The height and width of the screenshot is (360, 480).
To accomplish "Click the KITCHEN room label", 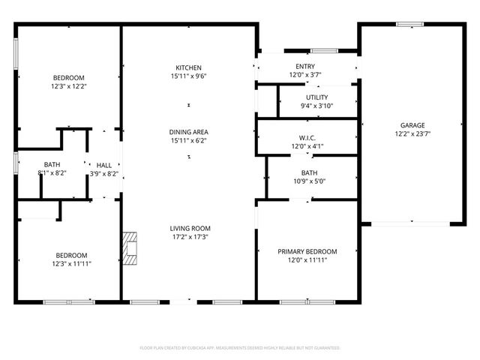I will point(188,67).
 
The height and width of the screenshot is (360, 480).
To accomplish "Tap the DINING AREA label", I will point(188,132).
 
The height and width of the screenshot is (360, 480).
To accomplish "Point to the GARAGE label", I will point(412,125).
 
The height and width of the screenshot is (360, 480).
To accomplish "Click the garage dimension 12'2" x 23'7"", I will point(412,135).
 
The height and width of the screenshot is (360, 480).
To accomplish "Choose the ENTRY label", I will point(305,67).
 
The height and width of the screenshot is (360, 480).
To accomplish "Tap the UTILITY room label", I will point(316,97).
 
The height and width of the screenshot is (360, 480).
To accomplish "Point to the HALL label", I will point(104,165).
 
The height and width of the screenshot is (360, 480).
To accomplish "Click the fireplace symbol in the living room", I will point(131,249).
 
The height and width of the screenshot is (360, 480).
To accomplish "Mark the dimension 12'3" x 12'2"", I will point(68,88).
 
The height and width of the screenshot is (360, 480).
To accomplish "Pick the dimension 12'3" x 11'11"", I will point(72,264).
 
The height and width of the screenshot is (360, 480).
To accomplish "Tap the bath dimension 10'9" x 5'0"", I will point(309,181).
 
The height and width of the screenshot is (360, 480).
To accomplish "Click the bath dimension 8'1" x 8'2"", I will point(52,173).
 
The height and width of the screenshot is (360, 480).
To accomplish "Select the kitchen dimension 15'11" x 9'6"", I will point(188,76).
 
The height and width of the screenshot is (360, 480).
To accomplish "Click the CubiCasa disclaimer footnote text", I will point(240,348).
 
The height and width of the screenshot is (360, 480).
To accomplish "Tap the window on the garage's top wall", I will point(410,24).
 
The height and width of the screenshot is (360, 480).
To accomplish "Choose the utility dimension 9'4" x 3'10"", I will point(316,106).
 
